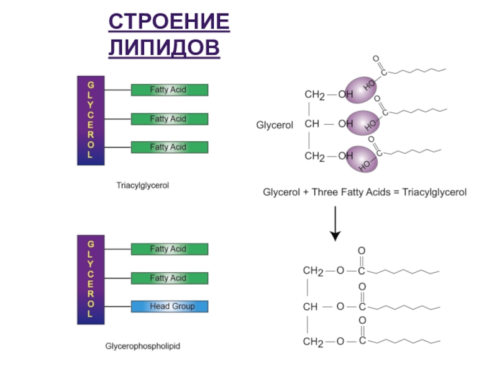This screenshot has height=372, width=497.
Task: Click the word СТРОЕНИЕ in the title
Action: point(169,23)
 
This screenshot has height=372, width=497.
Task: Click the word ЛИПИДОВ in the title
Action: point(164,48)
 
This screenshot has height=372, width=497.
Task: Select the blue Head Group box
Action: point(169,306)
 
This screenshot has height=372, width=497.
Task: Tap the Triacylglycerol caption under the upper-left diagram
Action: point(143,185)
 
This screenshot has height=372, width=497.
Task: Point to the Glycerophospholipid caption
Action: point(142,345)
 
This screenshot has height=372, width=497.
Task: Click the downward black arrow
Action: point(335,223)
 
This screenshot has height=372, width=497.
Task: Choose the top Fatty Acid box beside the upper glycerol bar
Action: point(169,90)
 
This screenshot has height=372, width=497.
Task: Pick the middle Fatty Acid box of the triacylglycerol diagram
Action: point(169,118)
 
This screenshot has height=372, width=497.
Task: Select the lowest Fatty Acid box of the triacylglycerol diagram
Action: point(169,147)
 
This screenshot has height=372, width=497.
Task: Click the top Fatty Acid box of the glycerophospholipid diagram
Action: point(169,249)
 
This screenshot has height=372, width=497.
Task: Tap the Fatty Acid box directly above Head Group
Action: point(169,278)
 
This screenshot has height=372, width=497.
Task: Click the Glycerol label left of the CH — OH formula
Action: point(275,125)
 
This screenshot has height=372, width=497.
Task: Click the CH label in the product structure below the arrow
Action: point(311,306)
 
